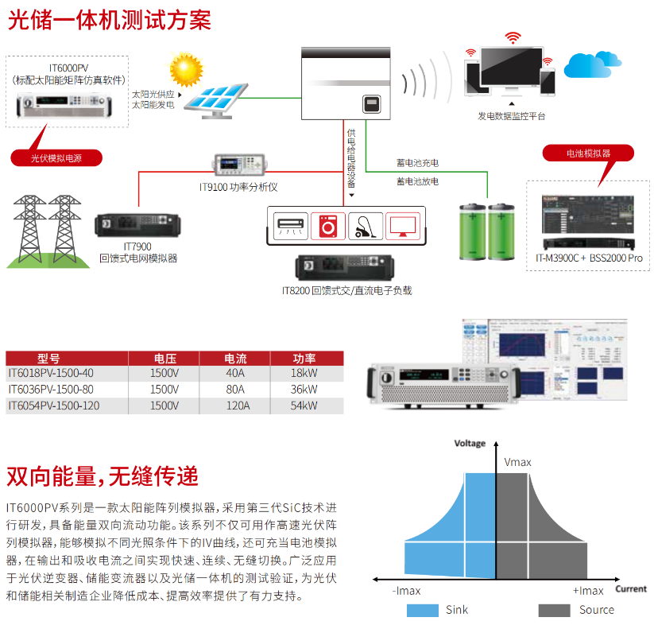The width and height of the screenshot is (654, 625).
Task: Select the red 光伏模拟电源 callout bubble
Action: (x=56, y=157)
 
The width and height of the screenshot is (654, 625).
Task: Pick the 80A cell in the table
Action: (x=236, y=390)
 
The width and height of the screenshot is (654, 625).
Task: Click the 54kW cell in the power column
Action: (x=304, y=406)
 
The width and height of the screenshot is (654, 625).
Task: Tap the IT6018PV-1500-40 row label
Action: (x=51, y=373)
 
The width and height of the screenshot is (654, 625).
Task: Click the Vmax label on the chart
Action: (x=518, y=462)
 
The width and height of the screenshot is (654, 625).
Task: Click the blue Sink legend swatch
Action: (x=422, y=610)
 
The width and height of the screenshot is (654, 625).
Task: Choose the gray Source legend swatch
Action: (x=554, y=610)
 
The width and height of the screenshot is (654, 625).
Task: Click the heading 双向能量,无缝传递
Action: (x=103, y=476)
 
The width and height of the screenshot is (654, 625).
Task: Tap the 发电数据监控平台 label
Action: (x=511, y=116)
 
